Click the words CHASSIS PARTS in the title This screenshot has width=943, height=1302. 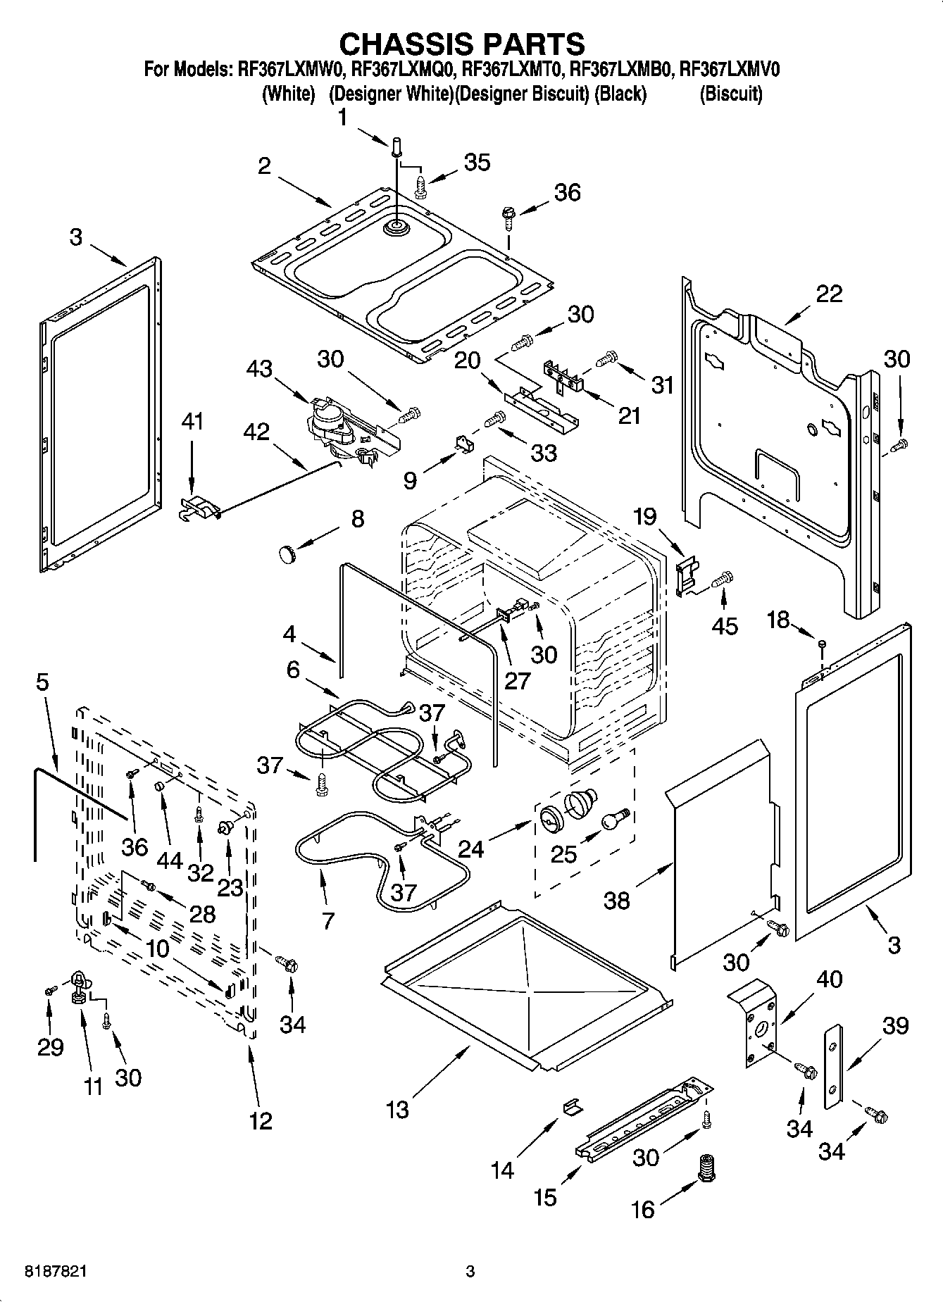pyautogui.click(x=462, y=44)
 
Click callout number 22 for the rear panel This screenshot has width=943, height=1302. pyautogui.click(x=828, y=294)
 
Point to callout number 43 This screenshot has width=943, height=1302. pyautogui.click(x=260, y=368)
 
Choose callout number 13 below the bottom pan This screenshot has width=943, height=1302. pyautogui.click(x=398, y=1110)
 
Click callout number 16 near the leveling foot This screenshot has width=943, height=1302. pyautogui.click(x=643, y=1210)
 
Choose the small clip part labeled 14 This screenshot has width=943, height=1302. pyautogui.click(x=572, y=1108)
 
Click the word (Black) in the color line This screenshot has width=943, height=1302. pyautogui.click(x=620, y=94)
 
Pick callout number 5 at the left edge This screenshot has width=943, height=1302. pyautogui.click(x=42, y=682)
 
